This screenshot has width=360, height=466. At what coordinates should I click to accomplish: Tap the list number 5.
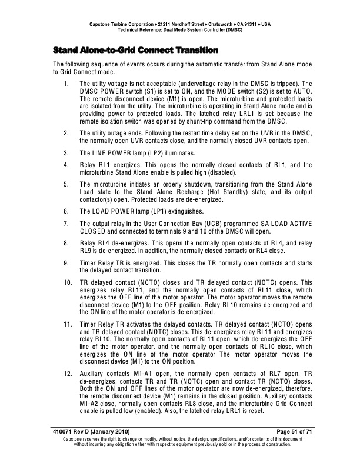(65, 183)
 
